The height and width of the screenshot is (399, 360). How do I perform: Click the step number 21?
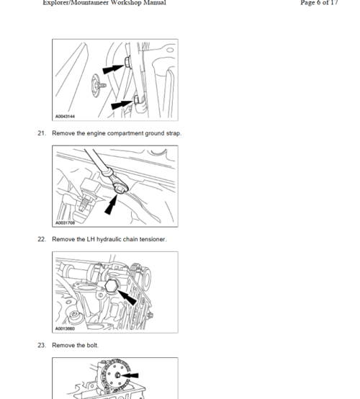click(42, 133)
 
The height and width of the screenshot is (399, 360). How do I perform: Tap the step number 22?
click(42, 239)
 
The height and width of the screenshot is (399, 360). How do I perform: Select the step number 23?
click(42, 345)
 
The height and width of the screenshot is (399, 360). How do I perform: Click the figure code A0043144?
click(65, 117)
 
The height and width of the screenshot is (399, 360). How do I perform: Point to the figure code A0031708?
click(65, 223)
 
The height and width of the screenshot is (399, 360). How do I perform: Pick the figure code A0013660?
click(65, 328)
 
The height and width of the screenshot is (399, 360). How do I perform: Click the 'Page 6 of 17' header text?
click(319, 3)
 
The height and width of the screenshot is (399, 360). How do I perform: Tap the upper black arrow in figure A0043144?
click(114, 68)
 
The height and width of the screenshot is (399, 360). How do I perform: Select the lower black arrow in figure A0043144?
click(122, 104)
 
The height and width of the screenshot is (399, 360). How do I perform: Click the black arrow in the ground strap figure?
click(111, 205)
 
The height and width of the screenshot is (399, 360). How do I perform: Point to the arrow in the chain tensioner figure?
click(127, 297)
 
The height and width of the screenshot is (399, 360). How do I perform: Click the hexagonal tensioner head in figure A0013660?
click(111, 286)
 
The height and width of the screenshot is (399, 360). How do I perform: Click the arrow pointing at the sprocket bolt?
click(130, 375)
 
